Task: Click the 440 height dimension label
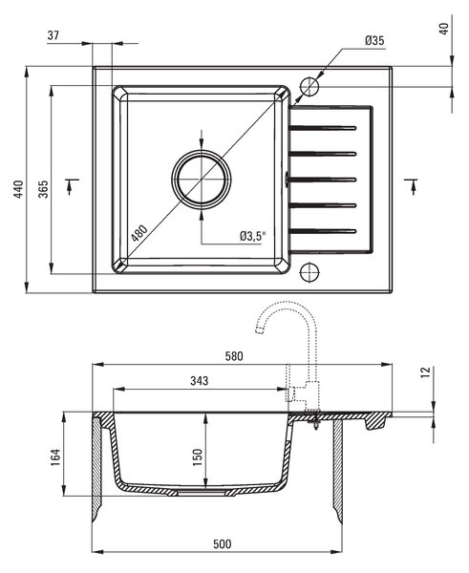[x=18, y=189]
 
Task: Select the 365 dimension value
[x=43, y=189]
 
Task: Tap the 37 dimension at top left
[x=53, y=35]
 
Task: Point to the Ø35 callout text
[x=374, y=40]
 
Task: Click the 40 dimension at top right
[x=444, y=29]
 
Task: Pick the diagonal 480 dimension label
[x=139, y=233]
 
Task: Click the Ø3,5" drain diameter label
[x=253, y=236]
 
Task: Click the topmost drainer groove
[x=323, y=128]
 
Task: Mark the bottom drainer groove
[x=323, y=231]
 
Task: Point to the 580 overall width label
[x=234, y=356]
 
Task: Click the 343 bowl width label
[x=200, y=381]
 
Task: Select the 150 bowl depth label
[x=198, y=456]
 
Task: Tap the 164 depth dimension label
[x=55, y=456]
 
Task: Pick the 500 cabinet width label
[x=223, y=543]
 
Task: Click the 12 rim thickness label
[x=426, y=372]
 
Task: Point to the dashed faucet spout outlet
[x=259, y=330]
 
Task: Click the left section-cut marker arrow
[x=70, y=186]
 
